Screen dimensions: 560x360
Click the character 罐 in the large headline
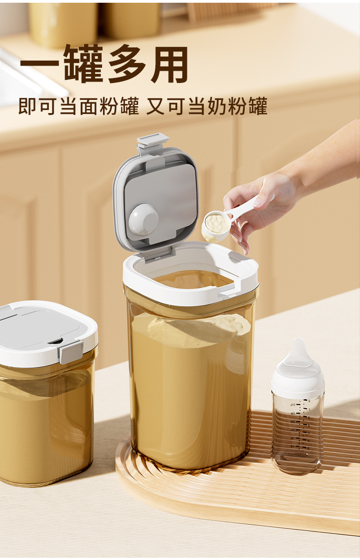(84, 64)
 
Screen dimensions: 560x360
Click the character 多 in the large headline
(127, 64)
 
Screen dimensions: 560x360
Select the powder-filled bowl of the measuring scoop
(216, 225)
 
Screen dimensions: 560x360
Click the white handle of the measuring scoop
(248, 207)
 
